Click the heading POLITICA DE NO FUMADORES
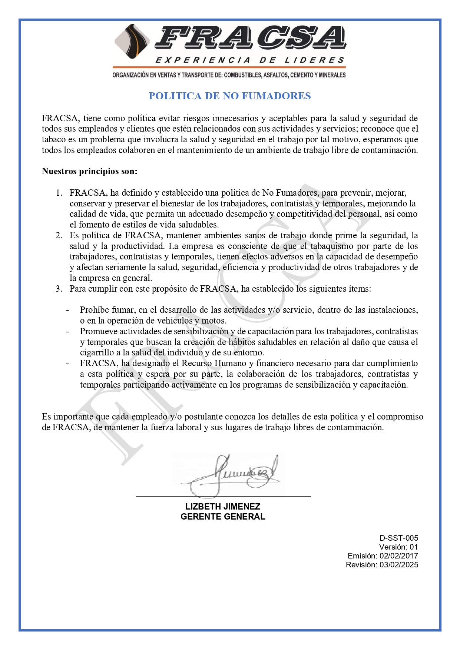click(x=229, y=96)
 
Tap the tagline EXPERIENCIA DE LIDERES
click(x=250, y=60)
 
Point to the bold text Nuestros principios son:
click(x=89, y=171)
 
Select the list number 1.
click(x=59, y=193)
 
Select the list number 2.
click(x=59, y=235)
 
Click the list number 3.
click(x=59, y=289)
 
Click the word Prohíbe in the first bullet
click(x=94, y=310)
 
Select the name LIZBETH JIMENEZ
click(x=223, y=507)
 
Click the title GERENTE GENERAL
click(x=223, y=517)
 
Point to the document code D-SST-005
click(x=398, y=538)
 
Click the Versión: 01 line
click(x=398, y=547)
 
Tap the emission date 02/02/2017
click(x=399, y=556)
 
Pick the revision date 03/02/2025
click(x=399, y=565)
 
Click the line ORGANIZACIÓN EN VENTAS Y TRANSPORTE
click(x=229, y=75)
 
